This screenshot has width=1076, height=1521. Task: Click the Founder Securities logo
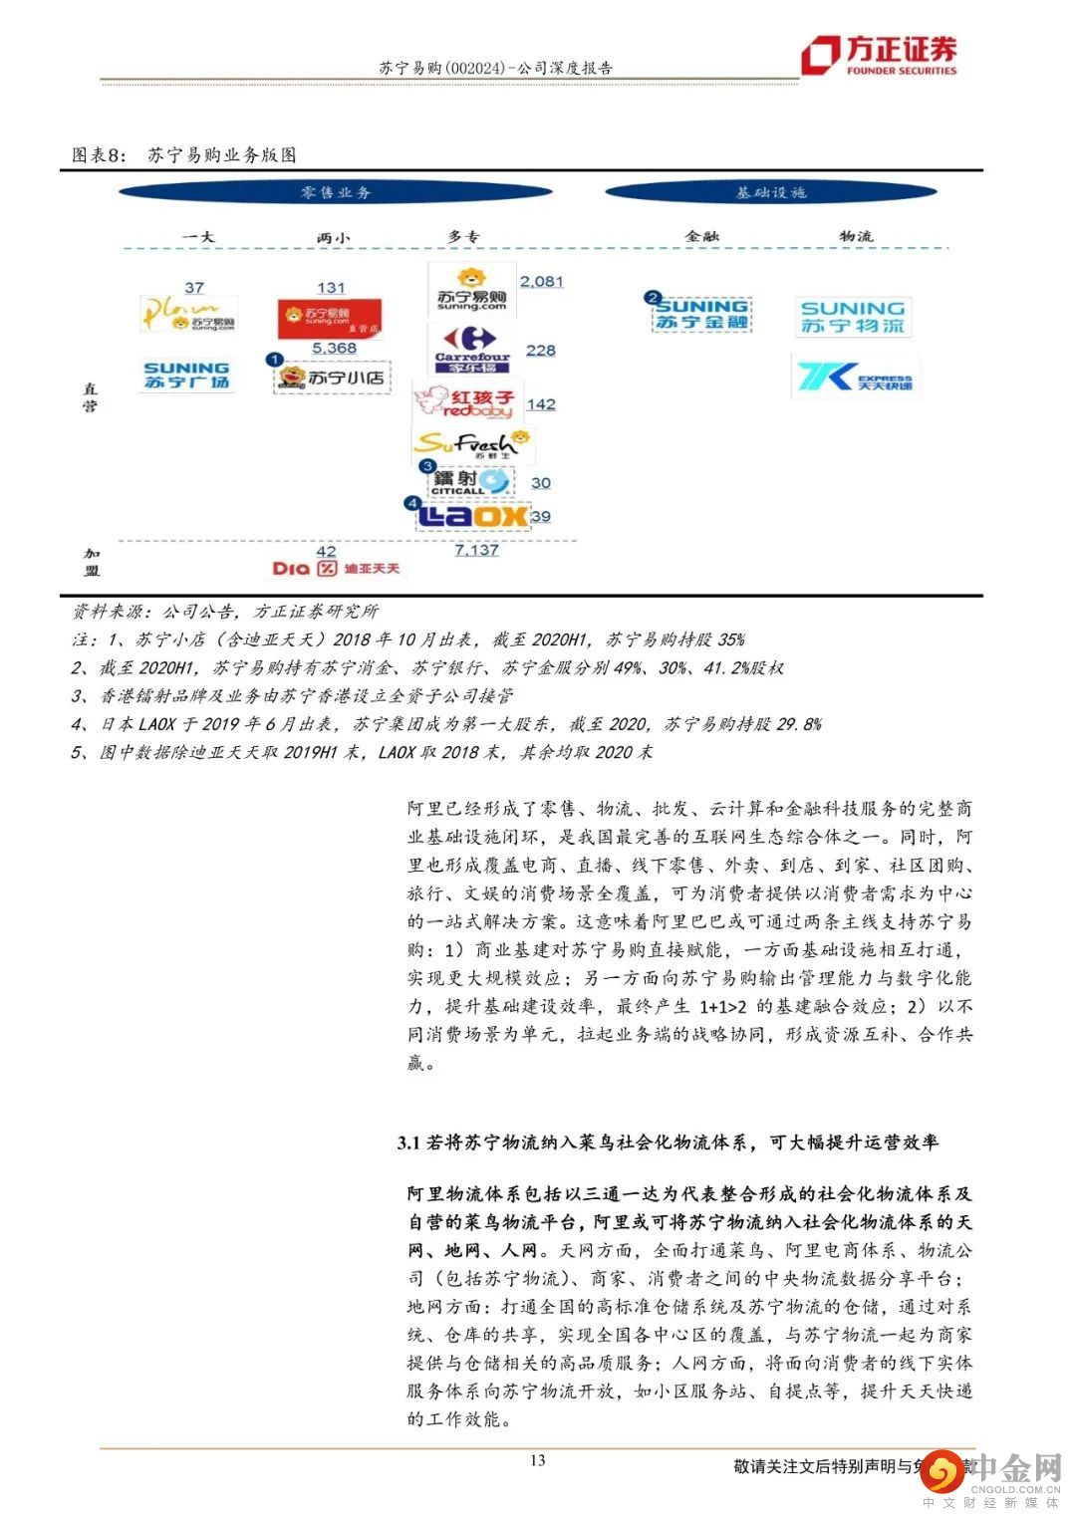pyautogui.click(x=879, y=55)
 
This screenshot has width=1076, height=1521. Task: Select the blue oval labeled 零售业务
pyautogui.click(x=336, y=192)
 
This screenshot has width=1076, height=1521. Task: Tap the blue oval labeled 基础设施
pyautogui.click(x=770, y=192)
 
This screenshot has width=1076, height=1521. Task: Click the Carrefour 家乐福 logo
pyautogui.click(x=472, y=349)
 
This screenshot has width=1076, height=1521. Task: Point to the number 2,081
pyautogui.click(x=541, y=282)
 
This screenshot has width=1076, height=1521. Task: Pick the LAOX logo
pyautogui.click(x=472, y=515)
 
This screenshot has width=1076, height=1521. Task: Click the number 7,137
pyautogui.click(x=476, y=550)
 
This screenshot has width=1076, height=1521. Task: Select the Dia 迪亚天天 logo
pyautogui.click(x=336, y=568)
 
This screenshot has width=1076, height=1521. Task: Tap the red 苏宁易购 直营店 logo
pyautogui.click(x=329, y=318)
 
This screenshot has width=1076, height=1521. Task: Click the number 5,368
pyautogui.click(x=334, y=348)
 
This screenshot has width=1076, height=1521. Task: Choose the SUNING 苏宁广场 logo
pyautogui.click(x=186, y=376)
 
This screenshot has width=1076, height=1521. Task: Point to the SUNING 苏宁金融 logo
pyautogui.click(x=702, y=314)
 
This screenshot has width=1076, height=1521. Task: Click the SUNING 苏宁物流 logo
pyautogui.click(x=853, y=317)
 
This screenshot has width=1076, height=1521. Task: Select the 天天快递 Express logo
pyautogui.click(x=855, y=378)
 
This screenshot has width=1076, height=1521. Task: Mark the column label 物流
pyautogui.click(x=855, y=236)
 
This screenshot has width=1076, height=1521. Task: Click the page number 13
pyautogui.click(x=538, y=1460)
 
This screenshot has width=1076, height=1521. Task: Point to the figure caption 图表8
pyautogui.click(x=100, y=155)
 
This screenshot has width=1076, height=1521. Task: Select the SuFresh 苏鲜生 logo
pyautogui.click(x=472, y=443)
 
